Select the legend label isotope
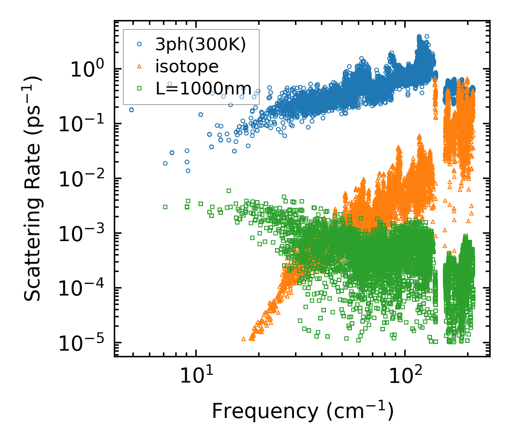[x=187, y=66]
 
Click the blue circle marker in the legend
[x=139, y=44]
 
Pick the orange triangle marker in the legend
[x=139, y=66]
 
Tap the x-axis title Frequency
[x=302, y=411]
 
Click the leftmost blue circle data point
[x=131, y=110]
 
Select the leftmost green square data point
[x=165, y=207]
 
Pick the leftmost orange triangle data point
[x=243, y=339]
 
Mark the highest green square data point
[x=229, y=191]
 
